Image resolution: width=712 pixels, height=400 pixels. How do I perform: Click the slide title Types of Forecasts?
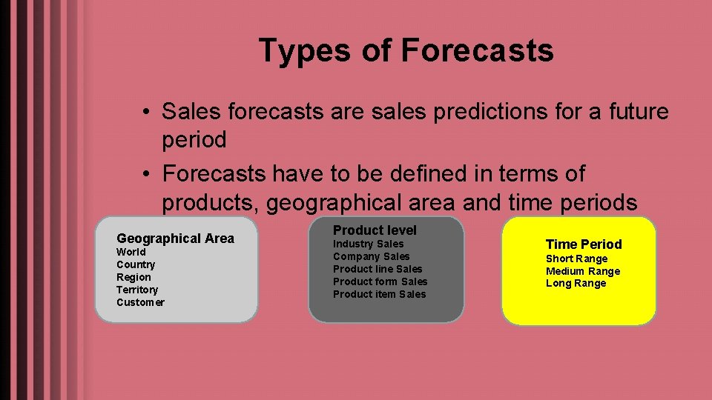tap(406, 51)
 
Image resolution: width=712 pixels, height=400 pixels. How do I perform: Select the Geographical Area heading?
tap(175, 239)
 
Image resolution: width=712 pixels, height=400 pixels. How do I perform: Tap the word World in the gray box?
tap(131, 252)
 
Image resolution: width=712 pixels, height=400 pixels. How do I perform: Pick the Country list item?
tap(136, 264)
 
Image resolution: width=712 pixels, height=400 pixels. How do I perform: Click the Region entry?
tap(133, 277)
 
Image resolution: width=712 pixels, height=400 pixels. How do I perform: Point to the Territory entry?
tap(137, 290)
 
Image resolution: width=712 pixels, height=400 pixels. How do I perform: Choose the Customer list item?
tap(140, 302)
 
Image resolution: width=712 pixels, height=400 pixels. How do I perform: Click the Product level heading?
tap(375, 230)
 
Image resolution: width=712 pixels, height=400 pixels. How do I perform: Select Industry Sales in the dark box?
tap(368, 244)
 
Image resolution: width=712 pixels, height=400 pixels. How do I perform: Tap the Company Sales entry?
tap(371, 256)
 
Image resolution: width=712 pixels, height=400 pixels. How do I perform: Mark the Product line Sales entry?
tap(377, 269)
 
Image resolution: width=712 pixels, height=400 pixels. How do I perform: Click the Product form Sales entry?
tap(380, 281)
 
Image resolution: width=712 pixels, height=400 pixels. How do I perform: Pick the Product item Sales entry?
tap(379, 294)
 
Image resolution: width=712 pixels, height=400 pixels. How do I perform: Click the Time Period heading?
tap(584, 244)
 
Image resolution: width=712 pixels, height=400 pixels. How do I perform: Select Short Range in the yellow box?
tap(576, 259)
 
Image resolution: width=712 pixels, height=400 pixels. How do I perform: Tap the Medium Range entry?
tap(583, 271)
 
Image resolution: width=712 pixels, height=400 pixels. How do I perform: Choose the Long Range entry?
tap(576, 283)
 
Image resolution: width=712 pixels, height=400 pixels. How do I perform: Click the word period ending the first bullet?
tap(194, 139)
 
